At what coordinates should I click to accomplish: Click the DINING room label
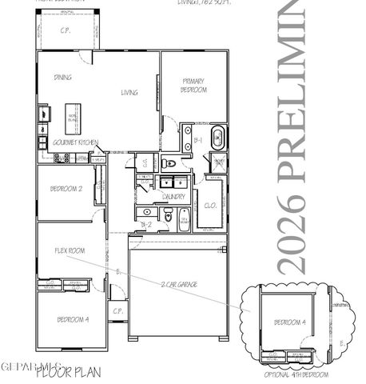click(x=63, y=78)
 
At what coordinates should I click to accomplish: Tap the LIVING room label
click(x=129, y=93)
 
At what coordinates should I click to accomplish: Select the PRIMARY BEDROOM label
click(x=195, y=86)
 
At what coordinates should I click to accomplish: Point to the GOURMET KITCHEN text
click(x=75, y=142)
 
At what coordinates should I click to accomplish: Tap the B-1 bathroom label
click(x=197, y=139)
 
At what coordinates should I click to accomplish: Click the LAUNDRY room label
click(x=173, y=196)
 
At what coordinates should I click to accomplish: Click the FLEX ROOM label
click(x=70, y=250)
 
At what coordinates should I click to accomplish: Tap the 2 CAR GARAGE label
click(x=178, y=284)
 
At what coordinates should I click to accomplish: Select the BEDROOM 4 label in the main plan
click(x=72, y=320)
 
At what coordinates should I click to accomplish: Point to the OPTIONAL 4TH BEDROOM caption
click(x=296, y=374)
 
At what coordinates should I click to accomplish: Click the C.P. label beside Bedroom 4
click(x=117, y=310)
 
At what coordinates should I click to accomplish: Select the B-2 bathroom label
click(x=146, y=225)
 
